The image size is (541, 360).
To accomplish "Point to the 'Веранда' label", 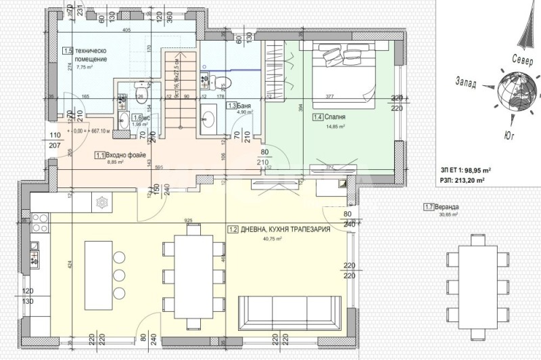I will click(x=446, y=206).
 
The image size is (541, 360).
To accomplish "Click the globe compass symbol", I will click(x=515, y=93).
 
